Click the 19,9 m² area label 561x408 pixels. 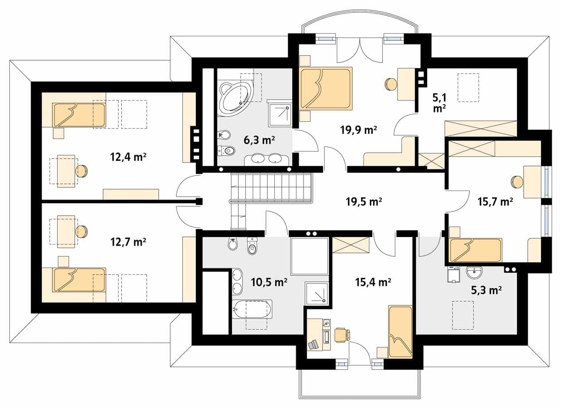[358, 130]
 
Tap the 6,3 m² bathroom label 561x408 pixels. [260, 140]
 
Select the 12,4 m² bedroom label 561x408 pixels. [128, 157]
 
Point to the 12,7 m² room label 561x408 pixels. [128, 242]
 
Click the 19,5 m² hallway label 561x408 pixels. [364, 202]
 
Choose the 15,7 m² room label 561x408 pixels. [495, 202]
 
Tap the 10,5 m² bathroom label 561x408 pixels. [269, 282]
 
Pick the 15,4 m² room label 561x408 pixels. [373, 282]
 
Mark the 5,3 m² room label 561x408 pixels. [487, 290]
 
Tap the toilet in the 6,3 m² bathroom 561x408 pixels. [227, 151]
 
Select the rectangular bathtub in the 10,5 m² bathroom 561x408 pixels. [252, 309]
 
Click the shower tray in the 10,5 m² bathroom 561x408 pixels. [316, 293]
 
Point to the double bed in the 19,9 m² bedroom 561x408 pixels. [326, 89]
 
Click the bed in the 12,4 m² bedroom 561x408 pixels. [79, 115]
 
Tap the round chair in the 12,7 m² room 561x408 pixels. [82, 232]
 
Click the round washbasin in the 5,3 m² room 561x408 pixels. [475, 272]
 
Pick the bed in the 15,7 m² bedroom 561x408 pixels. [476, 250]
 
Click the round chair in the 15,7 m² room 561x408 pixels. [517, 182]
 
